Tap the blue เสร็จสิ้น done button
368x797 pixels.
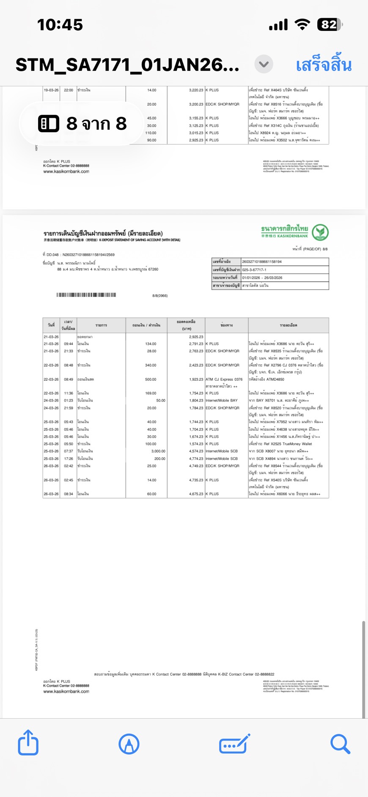(x=324, y=65)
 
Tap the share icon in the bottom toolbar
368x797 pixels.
(x=28, y=743)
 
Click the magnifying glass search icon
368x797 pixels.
(x=340, y=744)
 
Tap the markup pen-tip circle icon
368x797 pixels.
(x=129, y=744)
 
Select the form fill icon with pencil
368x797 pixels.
(x=234, y=744)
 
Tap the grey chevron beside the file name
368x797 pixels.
(x=264, y=64)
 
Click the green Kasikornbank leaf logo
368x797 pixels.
(x=320, y=232)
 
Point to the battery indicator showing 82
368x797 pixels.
(x=330, y=25)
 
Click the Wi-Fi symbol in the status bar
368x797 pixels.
(x=302, y=25)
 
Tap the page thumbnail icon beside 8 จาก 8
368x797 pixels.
(x=49, y=124)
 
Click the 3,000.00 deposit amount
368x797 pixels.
(x=158, y=451)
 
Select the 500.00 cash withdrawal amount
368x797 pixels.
(x=151, y=379)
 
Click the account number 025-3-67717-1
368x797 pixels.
(x=254, y=270)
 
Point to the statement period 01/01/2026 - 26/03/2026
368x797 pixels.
(x=262, y=278)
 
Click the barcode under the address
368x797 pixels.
(x=86, y=295)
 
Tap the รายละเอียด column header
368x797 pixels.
(x=288, y=325)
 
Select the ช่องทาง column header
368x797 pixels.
(x=226, y=325)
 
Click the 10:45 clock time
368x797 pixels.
(x=60, y=25)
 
